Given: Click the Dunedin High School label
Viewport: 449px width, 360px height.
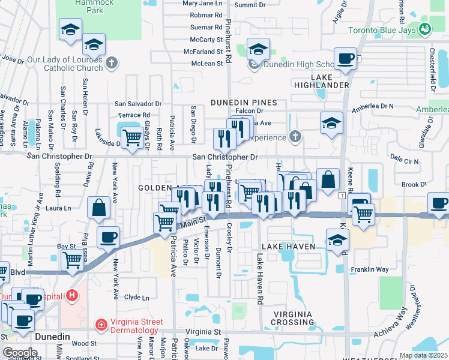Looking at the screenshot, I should [299, 65].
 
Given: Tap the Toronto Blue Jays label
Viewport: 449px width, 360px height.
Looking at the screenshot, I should [382, 29].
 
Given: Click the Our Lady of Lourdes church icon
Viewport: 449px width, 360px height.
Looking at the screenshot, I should [111, 62].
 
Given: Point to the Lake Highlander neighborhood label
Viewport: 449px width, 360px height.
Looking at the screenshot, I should [330, 81].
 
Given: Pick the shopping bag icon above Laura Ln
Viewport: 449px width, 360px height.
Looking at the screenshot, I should [98, 208].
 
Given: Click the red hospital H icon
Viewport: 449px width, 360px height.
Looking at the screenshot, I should [72, 295].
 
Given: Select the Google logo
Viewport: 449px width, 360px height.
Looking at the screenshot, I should [20, 353].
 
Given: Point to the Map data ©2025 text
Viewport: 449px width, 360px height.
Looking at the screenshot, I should [423, 355].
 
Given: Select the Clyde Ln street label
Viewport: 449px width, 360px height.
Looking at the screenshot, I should [137, 297].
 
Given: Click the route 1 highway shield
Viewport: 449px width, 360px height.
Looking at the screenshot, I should [341, 197].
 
